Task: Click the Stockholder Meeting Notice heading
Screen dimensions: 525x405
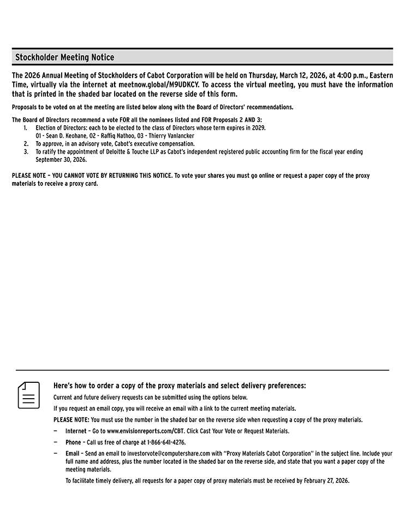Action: [x=64, y=57]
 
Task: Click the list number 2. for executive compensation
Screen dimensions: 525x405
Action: [x=26, y=143]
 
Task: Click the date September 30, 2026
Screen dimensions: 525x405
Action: [x=61, y=160]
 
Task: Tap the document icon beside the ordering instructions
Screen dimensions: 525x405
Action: [x=29, y=395]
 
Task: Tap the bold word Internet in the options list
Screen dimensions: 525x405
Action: [x=75, y=431]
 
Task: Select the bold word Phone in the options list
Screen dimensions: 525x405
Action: [x=73, y=442]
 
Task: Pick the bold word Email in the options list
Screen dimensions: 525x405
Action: [x=73, y=453]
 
